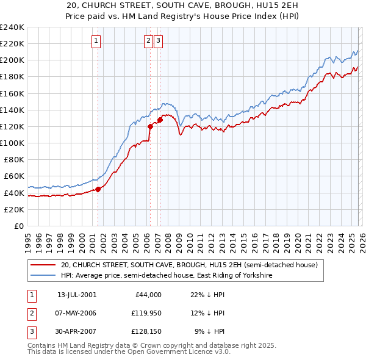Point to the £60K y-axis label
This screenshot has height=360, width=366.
(x=13, y=176)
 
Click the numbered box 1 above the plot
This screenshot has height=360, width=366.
(x=97, y=41)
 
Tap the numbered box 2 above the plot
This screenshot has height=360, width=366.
(x=149, y=41)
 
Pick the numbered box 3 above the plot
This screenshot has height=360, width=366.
(x=158, y=41)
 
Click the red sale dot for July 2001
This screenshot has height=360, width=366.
(x=98, y=189)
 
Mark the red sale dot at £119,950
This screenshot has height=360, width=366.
(x=150, y=126)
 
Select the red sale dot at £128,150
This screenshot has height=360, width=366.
(x=160, y=120)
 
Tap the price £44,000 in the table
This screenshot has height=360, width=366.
(x=146, y=295)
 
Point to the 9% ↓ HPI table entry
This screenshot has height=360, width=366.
(x=209, y=331)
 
